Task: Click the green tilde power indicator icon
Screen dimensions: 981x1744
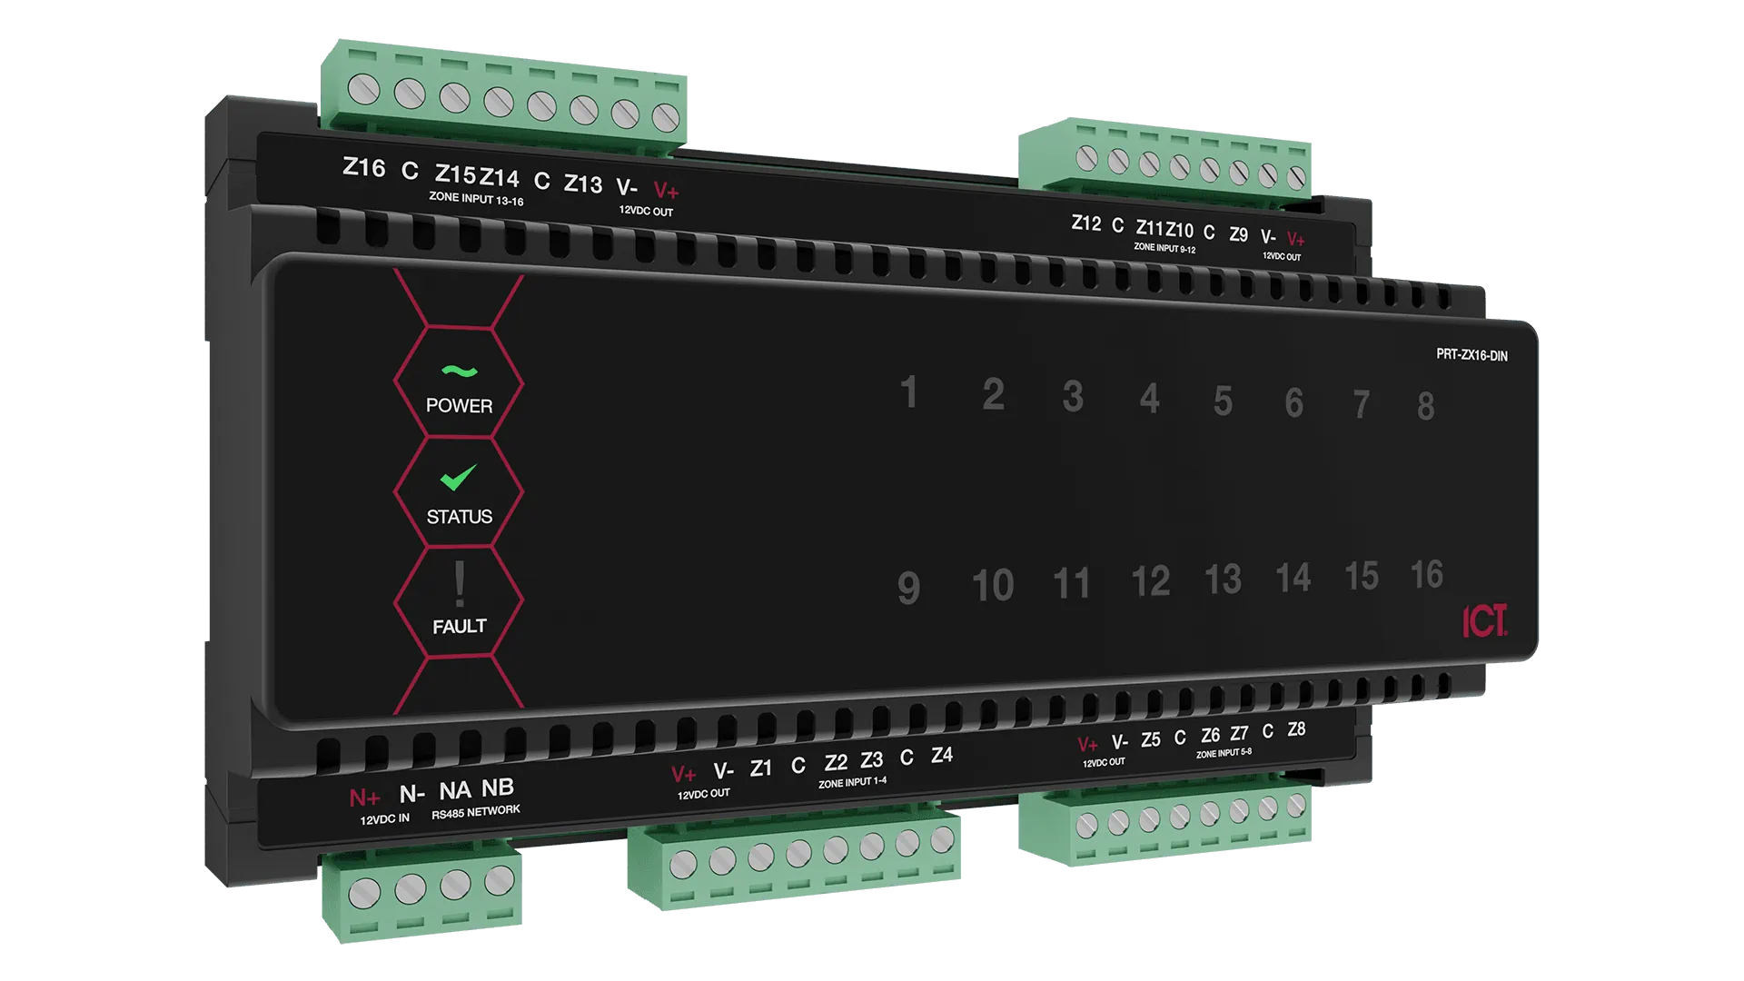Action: pos(459,371)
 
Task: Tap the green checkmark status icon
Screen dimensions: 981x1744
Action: pos(459,477)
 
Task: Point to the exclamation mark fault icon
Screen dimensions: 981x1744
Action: pos(460,583)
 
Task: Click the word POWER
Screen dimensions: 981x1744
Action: pos(460,406)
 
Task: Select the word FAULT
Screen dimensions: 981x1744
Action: pos(460,627)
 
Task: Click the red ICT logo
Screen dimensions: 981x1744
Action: pos(1484,621)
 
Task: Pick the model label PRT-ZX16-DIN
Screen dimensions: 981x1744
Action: pos(1471,355)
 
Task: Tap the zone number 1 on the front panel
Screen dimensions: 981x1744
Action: pos(908,392)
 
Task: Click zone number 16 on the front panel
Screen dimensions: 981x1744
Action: pos(1426,574)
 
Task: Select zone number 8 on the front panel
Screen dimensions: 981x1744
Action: pos(1426,406)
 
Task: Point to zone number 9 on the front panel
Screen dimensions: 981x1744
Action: pos(908,588)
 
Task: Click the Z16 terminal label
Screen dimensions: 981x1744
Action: pos(363,167)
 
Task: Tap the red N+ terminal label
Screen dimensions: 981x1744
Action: pos(364,798)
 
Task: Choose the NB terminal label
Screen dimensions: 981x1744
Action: pos(498,788)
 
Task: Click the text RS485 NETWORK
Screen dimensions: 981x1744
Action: pos(476,811)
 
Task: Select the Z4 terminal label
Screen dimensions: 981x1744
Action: pos(942,755)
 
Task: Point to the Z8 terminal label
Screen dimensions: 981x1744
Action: pos(1296,729)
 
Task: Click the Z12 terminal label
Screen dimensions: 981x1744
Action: pos(1086,223)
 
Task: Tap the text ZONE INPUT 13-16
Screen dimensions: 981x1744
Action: pos(476,198)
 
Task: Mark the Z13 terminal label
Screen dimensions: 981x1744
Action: pos(583,184)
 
